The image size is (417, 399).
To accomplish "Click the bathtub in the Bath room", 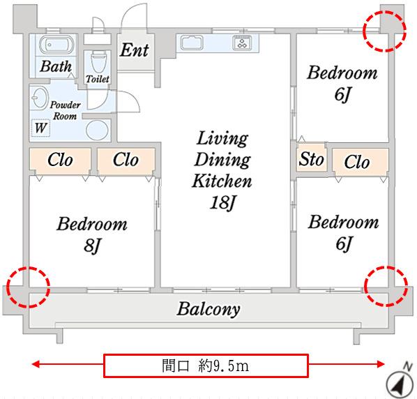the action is tap(56, 45).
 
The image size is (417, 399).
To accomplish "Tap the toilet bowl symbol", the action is tap(98, 61).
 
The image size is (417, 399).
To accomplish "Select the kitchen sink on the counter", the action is tap(192, 43).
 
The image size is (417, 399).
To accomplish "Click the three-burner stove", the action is tap(242, 43).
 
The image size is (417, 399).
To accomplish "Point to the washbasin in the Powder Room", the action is tap(40, 98).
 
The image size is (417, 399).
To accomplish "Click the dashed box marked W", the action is tap(40, 128).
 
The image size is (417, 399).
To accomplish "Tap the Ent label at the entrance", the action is tap(135, 50).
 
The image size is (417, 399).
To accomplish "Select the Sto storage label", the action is tap(311, 159).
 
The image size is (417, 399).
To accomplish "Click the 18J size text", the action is tap(223, 202).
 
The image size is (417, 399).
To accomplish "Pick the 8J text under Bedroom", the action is tap(92, 245).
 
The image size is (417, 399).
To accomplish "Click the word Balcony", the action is tap(208, 309).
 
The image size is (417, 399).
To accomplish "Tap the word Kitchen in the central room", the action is tap(222, 181).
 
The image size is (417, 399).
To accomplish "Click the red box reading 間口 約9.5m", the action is tap(206, 366).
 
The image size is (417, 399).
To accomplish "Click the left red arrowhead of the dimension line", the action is tap(36, 364).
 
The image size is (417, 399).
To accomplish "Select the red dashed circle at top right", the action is tap(384, 31).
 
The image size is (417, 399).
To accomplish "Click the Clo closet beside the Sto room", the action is tap(357, 162).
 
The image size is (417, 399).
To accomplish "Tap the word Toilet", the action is tap(98, 79).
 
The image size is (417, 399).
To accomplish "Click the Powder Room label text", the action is tap(65, 110).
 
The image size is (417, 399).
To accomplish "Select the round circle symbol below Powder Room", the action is tap(98, 130).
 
